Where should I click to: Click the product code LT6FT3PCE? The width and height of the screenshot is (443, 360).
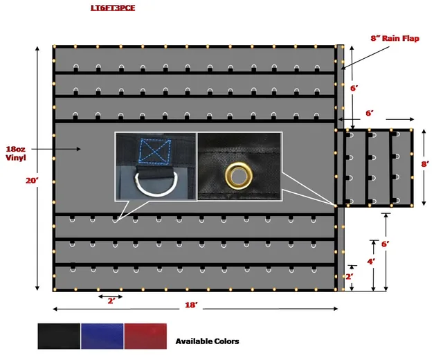(x=113, y=8)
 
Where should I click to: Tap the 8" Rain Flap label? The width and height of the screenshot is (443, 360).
(x=395, y=38)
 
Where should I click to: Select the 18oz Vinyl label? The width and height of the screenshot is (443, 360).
(x=15, y=153)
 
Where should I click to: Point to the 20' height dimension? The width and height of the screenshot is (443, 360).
(x=32, y=180)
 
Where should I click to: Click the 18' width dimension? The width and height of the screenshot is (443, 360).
(x=191, y=305)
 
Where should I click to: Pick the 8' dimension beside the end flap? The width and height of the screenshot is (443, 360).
(x=425, y=164)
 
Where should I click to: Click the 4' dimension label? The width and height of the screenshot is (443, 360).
(x=371, y=262)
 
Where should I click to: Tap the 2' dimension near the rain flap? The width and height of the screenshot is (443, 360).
(x=350, y=276)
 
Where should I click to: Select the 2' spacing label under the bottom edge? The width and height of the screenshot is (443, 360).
(x=111, y=301)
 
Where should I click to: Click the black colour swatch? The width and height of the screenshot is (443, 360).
(x=59, y=336)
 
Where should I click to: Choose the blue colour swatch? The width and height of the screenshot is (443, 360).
(x=102, y=336)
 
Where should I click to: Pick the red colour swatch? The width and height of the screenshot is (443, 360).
(x=145, y=336)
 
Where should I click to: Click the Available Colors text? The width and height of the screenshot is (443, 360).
(x=208, y=341)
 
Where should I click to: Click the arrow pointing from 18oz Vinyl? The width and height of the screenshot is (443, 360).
(x=56, y=149)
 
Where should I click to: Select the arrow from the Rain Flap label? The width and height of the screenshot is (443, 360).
(x=365, y=57)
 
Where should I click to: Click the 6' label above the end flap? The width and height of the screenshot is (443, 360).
(x=370, y=113)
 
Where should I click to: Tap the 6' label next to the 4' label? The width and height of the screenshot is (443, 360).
(x=386, y=244)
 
